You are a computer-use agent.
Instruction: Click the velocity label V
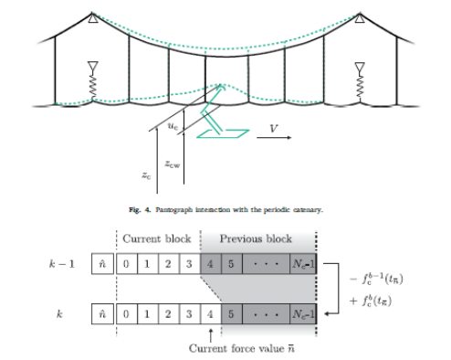point(271,129)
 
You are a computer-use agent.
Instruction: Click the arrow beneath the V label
point(273,139)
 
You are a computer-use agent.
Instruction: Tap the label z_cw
point(172,164)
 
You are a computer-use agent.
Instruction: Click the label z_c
point(147,173)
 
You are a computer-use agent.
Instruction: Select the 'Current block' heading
point(155,238)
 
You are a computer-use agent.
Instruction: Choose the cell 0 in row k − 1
point(130,264)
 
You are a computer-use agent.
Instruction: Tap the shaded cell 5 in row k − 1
point(231,264)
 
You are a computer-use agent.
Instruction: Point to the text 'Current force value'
point(228,348)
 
